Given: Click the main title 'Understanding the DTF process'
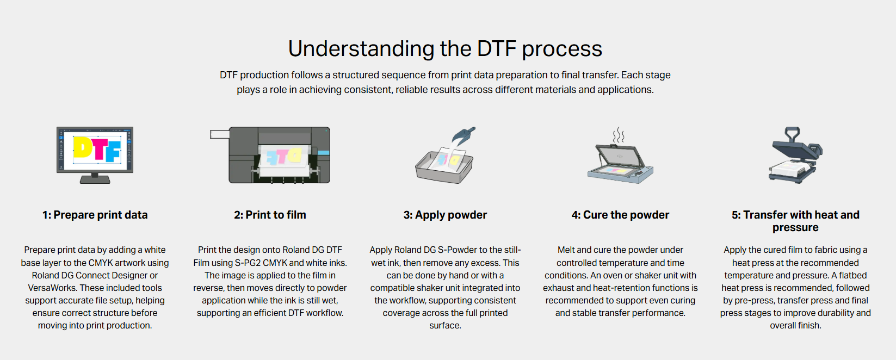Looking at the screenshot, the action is pyautogui.click(x=445, y=49).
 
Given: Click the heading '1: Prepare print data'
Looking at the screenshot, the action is pyautogui.click(x=95, y=215).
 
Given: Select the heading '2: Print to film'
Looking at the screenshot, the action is pyautogui.click(x=270, y=215).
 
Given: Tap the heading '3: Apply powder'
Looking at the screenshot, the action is pyautogui.click(x=445, y=215).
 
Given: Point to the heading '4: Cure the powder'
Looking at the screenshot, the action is pyautogui.click(x=620, y=215).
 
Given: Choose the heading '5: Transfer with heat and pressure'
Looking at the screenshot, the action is pyautogui.click(x=795, y=221).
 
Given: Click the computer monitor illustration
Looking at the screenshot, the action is pyautogui.click(x=95, y=155).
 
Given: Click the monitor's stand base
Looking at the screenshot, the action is pyautogui.click(x=95, y=179).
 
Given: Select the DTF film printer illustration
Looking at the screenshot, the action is pyautogui.click(x=270, y=155).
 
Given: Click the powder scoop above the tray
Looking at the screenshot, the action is pyautogui.click(x=463, y=135).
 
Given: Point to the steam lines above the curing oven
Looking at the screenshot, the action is pyautogui.click(x=619, y=135).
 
